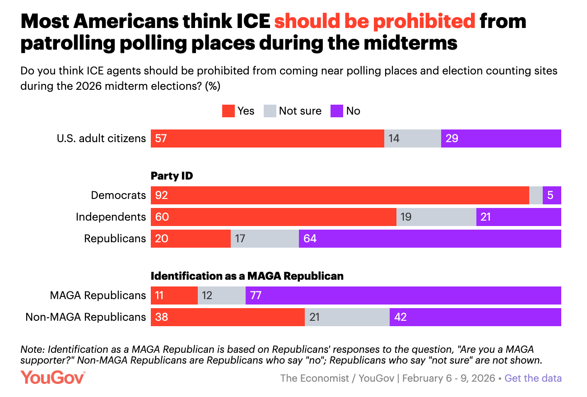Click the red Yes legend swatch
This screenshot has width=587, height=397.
point(228,111)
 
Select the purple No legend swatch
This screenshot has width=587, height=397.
point(337,111)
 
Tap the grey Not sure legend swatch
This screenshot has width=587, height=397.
point(270,111)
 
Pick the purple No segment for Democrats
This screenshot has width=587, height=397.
point(552,195)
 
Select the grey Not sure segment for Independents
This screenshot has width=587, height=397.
point(436,217)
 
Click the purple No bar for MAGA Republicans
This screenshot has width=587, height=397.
point(403,295)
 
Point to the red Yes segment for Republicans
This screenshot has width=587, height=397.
point(191,239)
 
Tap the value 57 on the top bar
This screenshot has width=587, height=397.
point(161,138)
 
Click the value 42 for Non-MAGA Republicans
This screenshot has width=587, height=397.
point(400,317)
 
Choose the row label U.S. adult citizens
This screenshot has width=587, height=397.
point(101,138)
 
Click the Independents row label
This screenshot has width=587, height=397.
point(111,217)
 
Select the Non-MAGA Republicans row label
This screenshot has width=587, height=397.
point(86,317)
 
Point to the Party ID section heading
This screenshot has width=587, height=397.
point(172,176)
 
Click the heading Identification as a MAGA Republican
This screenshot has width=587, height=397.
point(247,276)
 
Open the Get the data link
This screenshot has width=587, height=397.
point(533,378)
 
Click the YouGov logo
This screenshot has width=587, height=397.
point(53,377)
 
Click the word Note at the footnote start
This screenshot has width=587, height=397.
point(32,349)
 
